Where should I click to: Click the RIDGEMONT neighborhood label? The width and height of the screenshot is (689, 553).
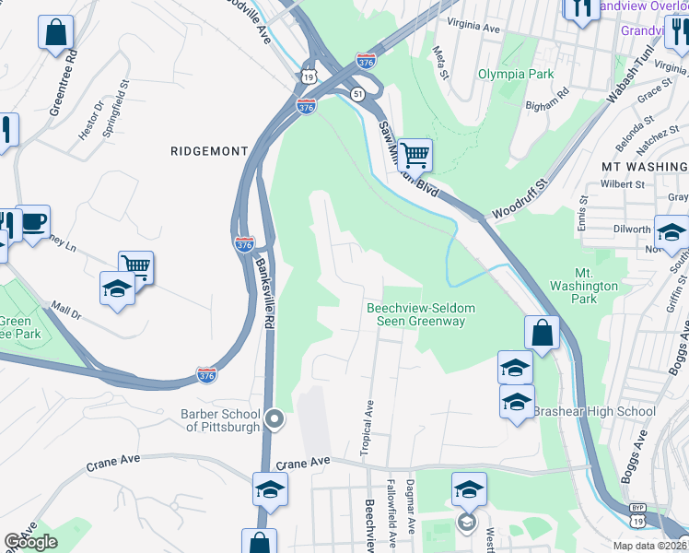click(x=209, y=150)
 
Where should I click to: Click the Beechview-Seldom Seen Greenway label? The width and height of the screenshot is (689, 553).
click(x=415, y=314)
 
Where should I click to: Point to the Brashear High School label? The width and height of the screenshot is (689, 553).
click(x=594, y=411)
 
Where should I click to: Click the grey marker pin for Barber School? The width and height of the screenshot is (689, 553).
click(x=274, y=420)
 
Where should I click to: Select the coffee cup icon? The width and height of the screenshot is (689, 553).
click(x=33, y=222)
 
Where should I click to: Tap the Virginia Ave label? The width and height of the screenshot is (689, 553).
click(x=473, y=29)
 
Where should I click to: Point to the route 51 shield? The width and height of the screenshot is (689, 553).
click(x=356, y=93)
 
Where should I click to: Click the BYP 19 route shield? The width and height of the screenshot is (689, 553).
click(x=637, y=513)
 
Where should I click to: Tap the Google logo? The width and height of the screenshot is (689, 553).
click(x=30, y=542)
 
